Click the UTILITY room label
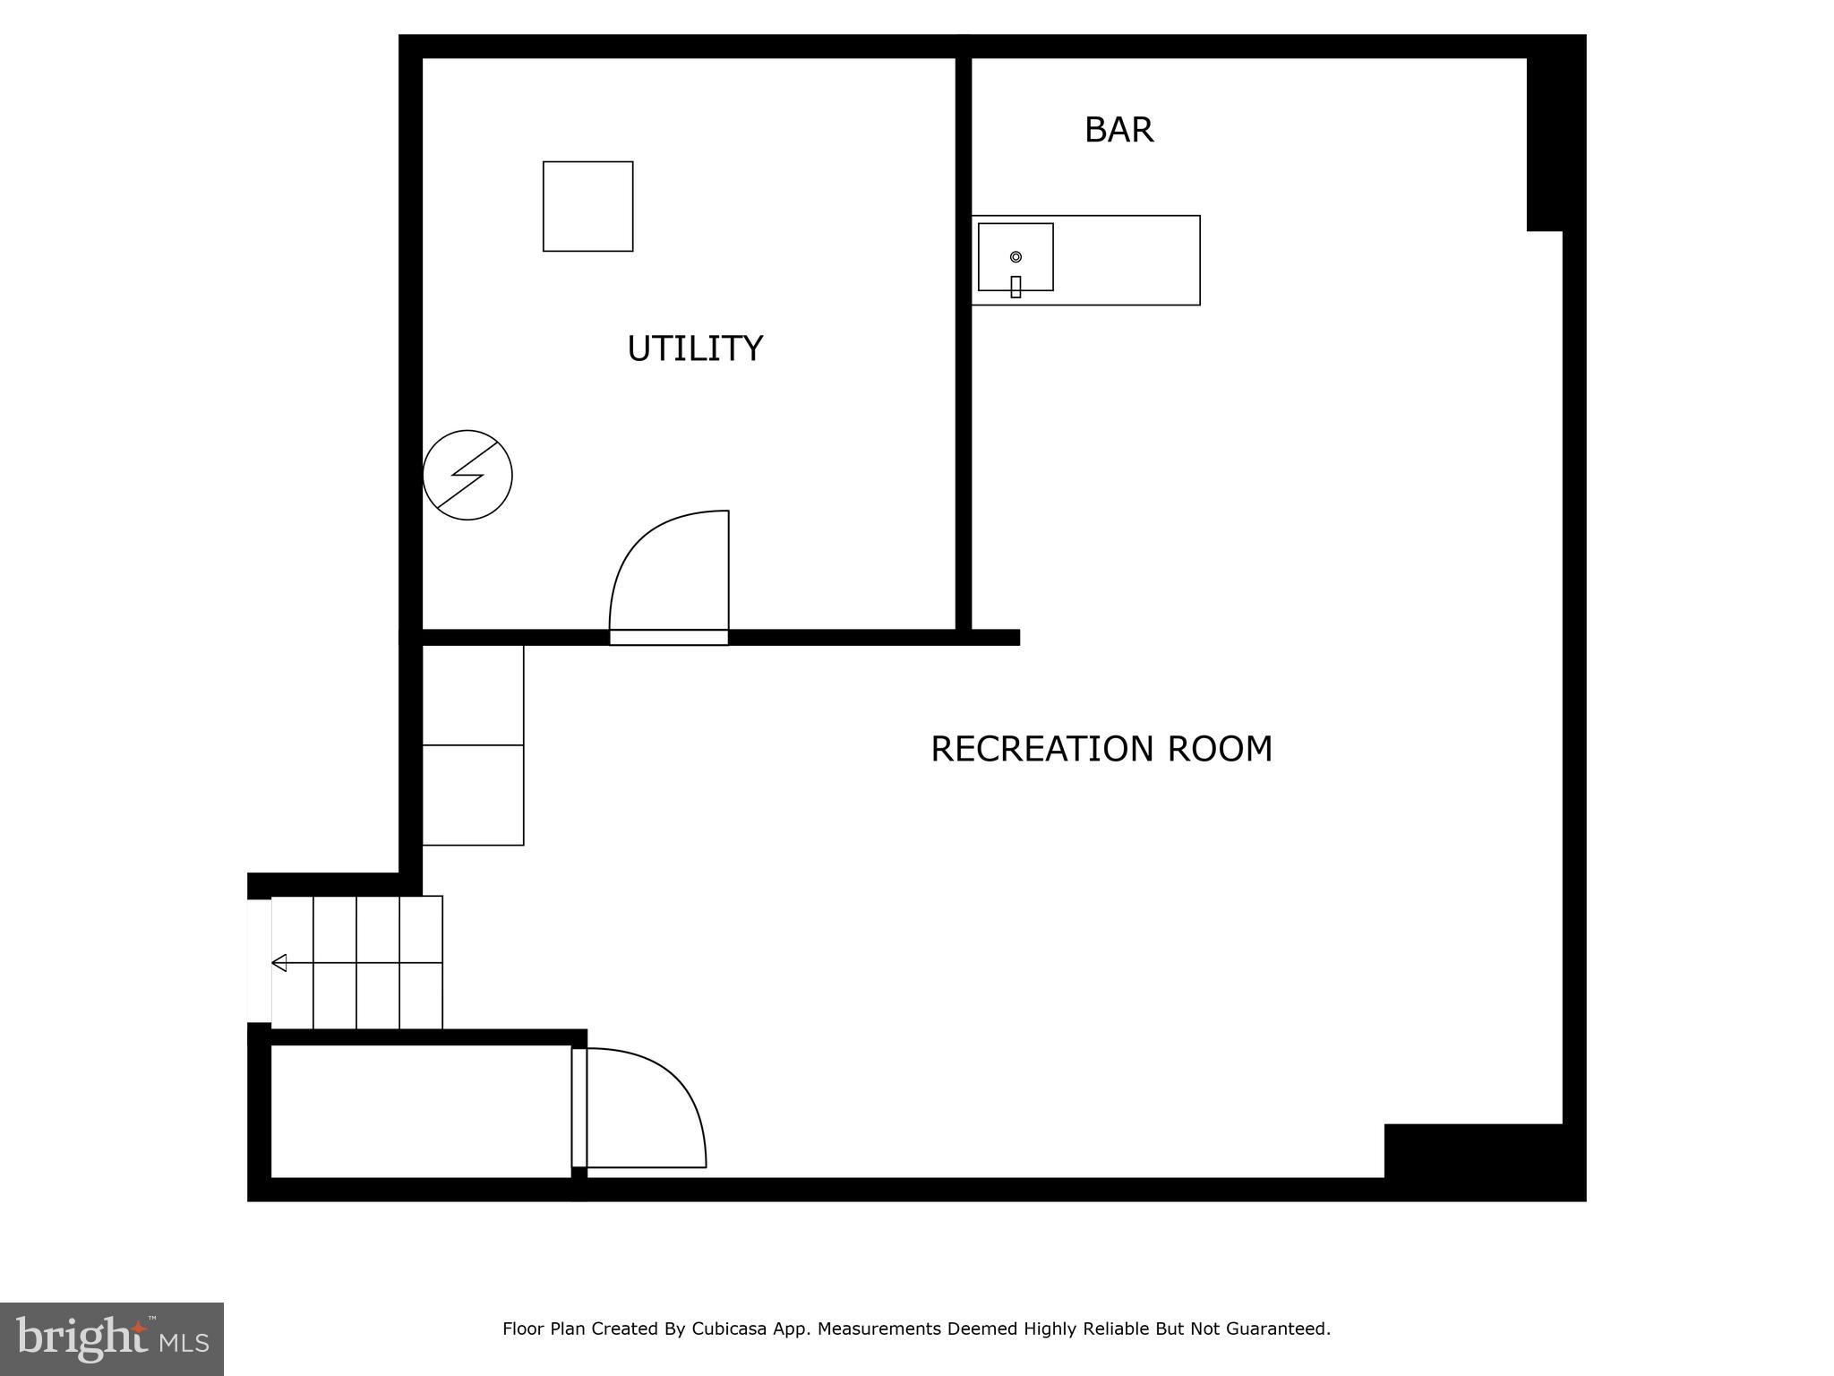(x=695, y=348)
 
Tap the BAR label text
(x=1118, y=130)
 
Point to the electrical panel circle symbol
(x=467, y=475)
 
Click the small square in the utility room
(x=587, y=206)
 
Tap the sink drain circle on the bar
(x=1016, y=257)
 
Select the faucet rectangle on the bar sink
(x=1016, y=287)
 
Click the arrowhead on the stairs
(x=279, y=963)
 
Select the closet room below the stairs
(x=420, y=1111)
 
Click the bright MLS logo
(x=111, y=1339)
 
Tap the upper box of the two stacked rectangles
(x=472, y=695)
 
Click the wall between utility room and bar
(x=964, y=340)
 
